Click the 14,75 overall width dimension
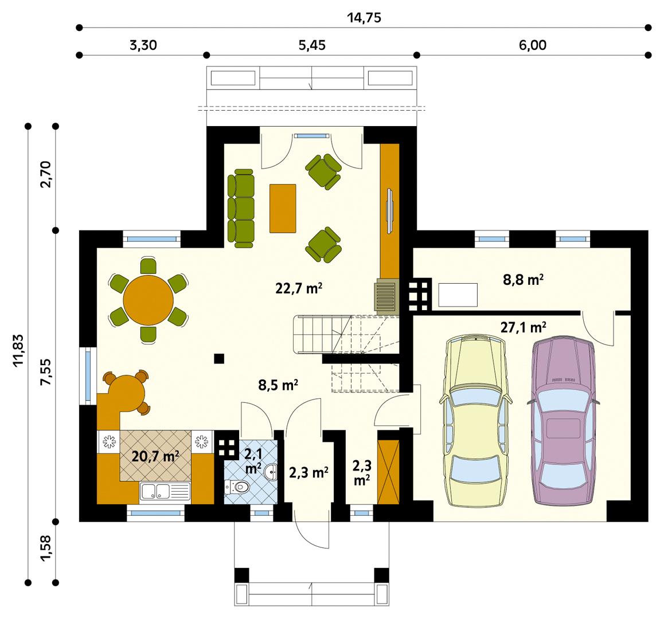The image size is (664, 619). (x=364, y=18)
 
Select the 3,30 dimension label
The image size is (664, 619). (x=143, y=46)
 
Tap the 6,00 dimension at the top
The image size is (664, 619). (x=533, y=46)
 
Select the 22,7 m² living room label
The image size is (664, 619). (x=298, y=288)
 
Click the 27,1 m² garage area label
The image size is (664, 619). (x=522, y=328)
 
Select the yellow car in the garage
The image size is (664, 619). (x=474, y=421)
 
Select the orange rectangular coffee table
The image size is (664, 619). (x=283, y=208)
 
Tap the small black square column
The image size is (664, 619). (x=218, y=359)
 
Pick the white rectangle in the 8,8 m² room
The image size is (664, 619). (x=458, y=295)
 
